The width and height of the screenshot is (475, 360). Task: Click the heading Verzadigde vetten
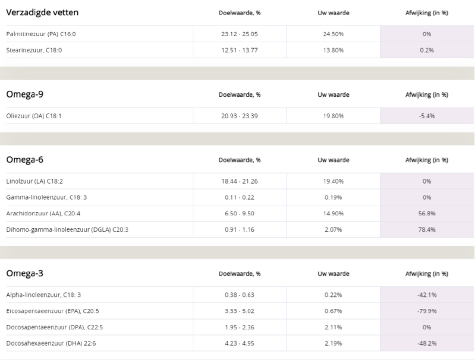click(42, 12)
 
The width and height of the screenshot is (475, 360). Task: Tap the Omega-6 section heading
click(24, 159)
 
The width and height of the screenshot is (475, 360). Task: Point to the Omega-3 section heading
click(24, 273)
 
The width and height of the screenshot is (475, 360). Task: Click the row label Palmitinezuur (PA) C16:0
click(41, 34)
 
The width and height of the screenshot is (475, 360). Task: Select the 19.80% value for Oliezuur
click(334, 116)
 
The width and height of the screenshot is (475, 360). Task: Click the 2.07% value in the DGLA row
click(334, 229)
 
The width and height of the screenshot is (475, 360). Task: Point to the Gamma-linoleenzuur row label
click(46, 197)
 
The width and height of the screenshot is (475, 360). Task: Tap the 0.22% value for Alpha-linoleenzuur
click(334, 295)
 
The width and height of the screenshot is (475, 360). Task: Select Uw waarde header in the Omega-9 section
click(334, 94)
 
